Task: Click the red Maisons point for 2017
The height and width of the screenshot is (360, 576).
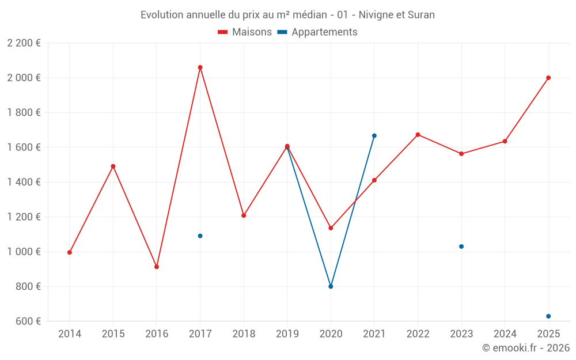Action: pyautogui.click(x=200, y=67)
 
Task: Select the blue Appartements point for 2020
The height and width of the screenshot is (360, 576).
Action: pyautogui.click(x=331, y=286)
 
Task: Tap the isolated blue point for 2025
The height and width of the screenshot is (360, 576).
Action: pyautogui.click(x=548, y=316)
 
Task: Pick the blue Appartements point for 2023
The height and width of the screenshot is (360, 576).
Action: pyautogui.click(x=461, y=247)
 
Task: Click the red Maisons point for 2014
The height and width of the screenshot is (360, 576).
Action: pyautogui.click(x=70, y=252)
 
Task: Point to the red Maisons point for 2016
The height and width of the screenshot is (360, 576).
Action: pyautogui.click(x=157, y=267)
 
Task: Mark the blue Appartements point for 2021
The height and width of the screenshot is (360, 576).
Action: pyautogui.click(x=374, y=136)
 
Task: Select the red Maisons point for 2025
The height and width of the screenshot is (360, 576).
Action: pyautogui.click(x=548, y=78)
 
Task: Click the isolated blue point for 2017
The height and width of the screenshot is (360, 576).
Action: pyautogui.click(x=200, y=236)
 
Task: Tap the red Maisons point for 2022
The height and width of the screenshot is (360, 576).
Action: pyautogui.click(x=418, y=135)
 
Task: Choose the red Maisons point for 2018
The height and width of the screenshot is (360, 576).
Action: pyautogui.click(x=244, y=215)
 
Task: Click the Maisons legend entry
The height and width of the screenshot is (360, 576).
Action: pyautogui.click(x=245, y=32)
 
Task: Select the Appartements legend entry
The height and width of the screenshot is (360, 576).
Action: pyautogui.click(x=317, y=32)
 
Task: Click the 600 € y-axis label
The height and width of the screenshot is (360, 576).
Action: pyautogui.click(x=27, y=321)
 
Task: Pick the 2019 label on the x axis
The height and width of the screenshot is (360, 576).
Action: pyautogui.click(x=287, y=334)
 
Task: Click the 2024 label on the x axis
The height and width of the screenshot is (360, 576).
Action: pyautogui.click(x=505, y=334)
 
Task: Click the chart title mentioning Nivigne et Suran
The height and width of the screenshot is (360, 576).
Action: pyautogui.click(x=287, y=15)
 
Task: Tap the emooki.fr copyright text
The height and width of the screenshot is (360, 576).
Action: pyautogui.click(x=526, y=348)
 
